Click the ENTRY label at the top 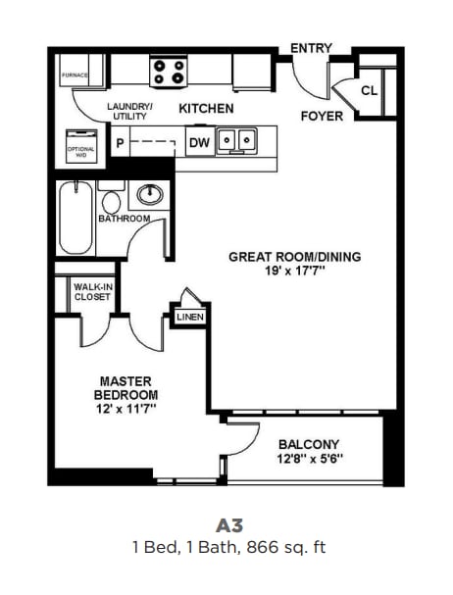coord(312,47)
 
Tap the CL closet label coord(369,90)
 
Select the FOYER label coord(322,116)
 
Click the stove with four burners coord(169,71)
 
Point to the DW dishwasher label coord(198,142)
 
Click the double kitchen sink coord(236,141)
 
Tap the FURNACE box coord(75,74)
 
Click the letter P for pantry coord(121,142)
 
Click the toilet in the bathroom coord(111,201)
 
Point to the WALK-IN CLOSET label coord(92,291)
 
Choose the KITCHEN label coord(206,108)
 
